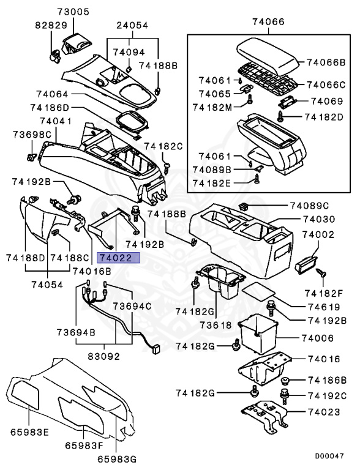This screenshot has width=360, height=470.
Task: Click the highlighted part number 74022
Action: pos(120,258)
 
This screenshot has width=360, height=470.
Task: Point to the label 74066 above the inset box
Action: pos(268,22)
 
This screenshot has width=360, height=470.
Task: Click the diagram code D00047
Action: pos(329,456)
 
